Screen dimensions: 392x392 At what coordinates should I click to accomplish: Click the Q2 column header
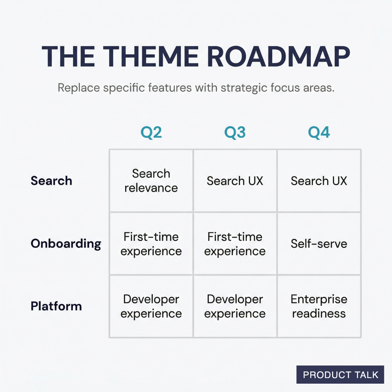[x=151, y=133]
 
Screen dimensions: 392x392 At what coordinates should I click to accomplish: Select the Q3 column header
[x=235, y=133]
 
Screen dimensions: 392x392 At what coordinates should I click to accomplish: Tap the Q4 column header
[x=319, y=133]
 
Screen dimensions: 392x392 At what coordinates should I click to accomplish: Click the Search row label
[x=51, y=181]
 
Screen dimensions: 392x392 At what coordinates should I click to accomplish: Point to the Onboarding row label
[x=66, y=244]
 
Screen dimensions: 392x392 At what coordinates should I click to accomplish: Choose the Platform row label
[x=56, y=306]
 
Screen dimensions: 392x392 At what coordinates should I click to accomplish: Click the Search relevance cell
[x=151, y=181]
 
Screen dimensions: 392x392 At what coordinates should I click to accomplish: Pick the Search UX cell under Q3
[x=235, y=181]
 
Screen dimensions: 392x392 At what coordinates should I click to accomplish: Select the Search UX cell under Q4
[x=319, y=181]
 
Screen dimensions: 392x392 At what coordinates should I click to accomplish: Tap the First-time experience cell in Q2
[x=151, y=244]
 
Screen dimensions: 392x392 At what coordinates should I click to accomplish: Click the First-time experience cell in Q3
[x=235, y=244]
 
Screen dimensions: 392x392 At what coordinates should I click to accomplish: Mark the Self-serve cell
[x=319, y=244]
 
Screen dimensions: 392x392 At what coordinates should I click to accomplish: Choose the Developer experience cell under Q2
[x=151, y=306]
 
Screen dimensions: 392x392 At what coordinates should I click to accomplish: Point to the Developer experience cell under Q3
[x=235, y=306]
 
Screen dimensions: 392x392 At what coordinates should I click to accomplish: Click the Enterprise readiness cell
[x=319, y=306]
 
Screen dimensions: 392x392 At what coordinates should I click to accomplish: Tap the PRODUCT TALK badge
[x=340, y=375]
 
